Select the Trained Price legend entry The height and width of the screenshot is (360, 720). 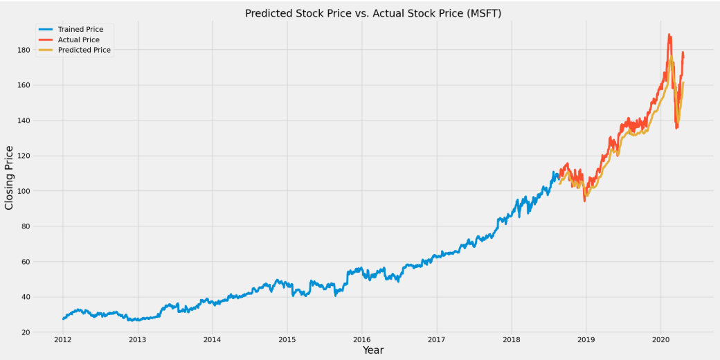click(x=80, y=29)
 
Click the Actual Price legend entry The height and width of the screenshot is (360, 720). click(x=78, y=39)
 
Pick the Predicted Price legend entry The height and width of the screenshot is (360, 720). click(x=84, y=50)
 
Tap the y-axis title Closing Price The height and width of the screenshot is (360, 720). click(x=9, y=178)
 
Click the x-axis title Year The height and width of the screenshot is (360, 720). click(x=373, y=350)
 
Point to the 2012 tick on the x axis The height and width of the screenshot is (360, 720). click(x=63, y=339)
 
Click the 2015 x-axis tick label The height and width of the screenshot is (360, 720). click(x=287, y=339)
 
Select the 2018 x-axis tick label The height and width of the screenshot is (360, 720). click(x=511, y=339)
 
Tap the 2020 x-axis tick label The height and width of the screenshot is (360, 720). click(x=660, y=339)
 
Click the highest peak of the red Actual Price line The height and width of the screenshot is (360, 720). click(x=669, y=34)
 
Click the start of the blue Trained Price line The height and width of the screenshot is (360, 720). click(x=63, y=318)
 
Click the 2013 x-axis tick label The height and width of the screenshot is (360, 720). click(x=138, y=339)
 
